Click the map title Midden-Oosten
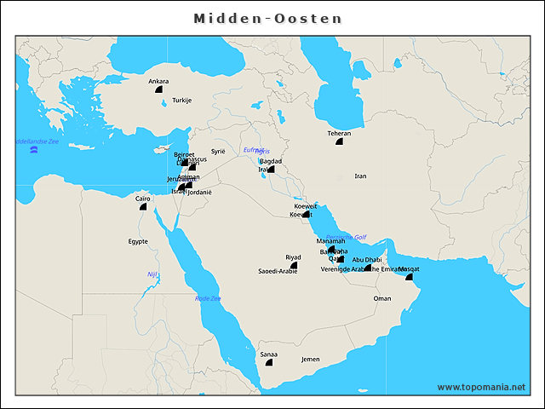coord(267,18)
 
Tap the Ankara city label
coord(158,82)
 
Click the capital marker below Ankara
coord(158,89)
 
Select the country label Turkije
coord(182,101)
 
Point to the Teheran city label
coord(339,133)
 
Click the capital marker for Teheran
coord(339,141)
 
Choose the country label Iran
coord(360,176)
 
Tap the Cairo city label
coord(143,199)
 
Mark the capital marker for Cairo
coord(143,206)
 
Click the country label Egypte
coord(138,241)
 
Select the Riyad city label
coord(293,256)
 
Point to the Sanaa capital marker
coord(269,362)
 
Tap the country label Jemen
coord(311,360)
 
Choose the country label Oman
coord(382,299)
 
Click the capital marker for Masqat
coord(409,277)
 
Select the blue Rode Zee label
coord(208,299)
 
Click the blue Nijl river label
coord(152,274)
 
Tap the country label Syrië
coord(218,151)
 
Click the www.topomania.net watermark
coord(481,387)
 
